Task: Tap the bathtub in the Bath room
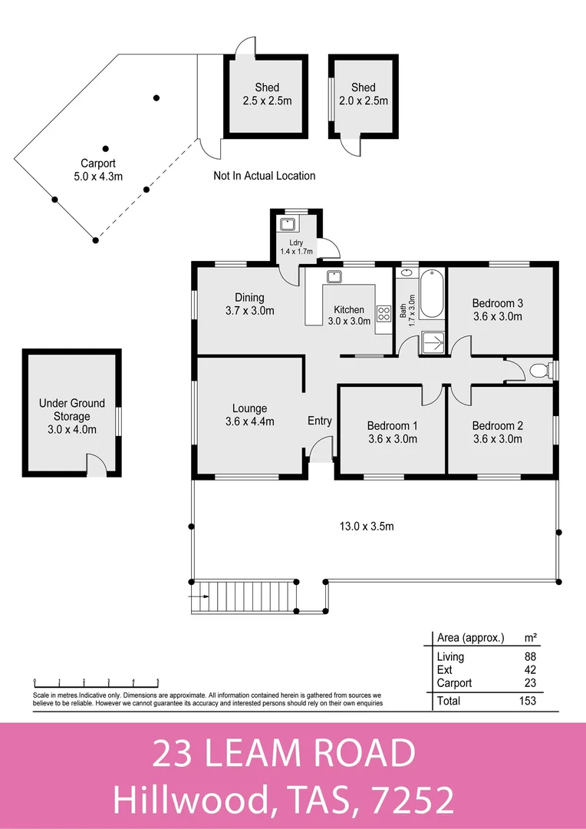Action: (x=432, y=294)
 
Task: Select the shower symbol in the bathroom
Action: (x=433, y=343)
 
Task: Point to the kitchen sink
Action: (x=334, y=276)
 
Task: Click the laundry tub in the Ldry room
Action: (x=287, y=223)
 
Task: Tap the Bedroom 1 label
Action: (x=393, y=432)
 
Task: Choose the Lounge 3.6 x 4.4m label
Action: (x=249, y=414)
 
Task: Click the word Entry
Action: (x=320, y=421)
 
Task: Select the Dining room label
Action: (x=249, y=304)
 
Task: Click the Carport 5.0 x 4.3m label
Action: (x=98, y=170)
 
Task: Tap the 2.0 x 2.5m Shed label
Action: (x=364, y=94)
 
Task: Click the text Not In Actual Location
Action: (x=264, y=176)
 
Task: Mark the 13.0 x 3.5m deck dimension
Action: (x=367, y=526)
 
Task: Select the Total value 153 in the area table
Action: (x=528, y=701)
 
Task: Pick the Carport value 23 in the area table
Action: (x=530, y=683)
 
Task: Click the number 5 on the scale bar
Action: (x=158, y=682)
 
